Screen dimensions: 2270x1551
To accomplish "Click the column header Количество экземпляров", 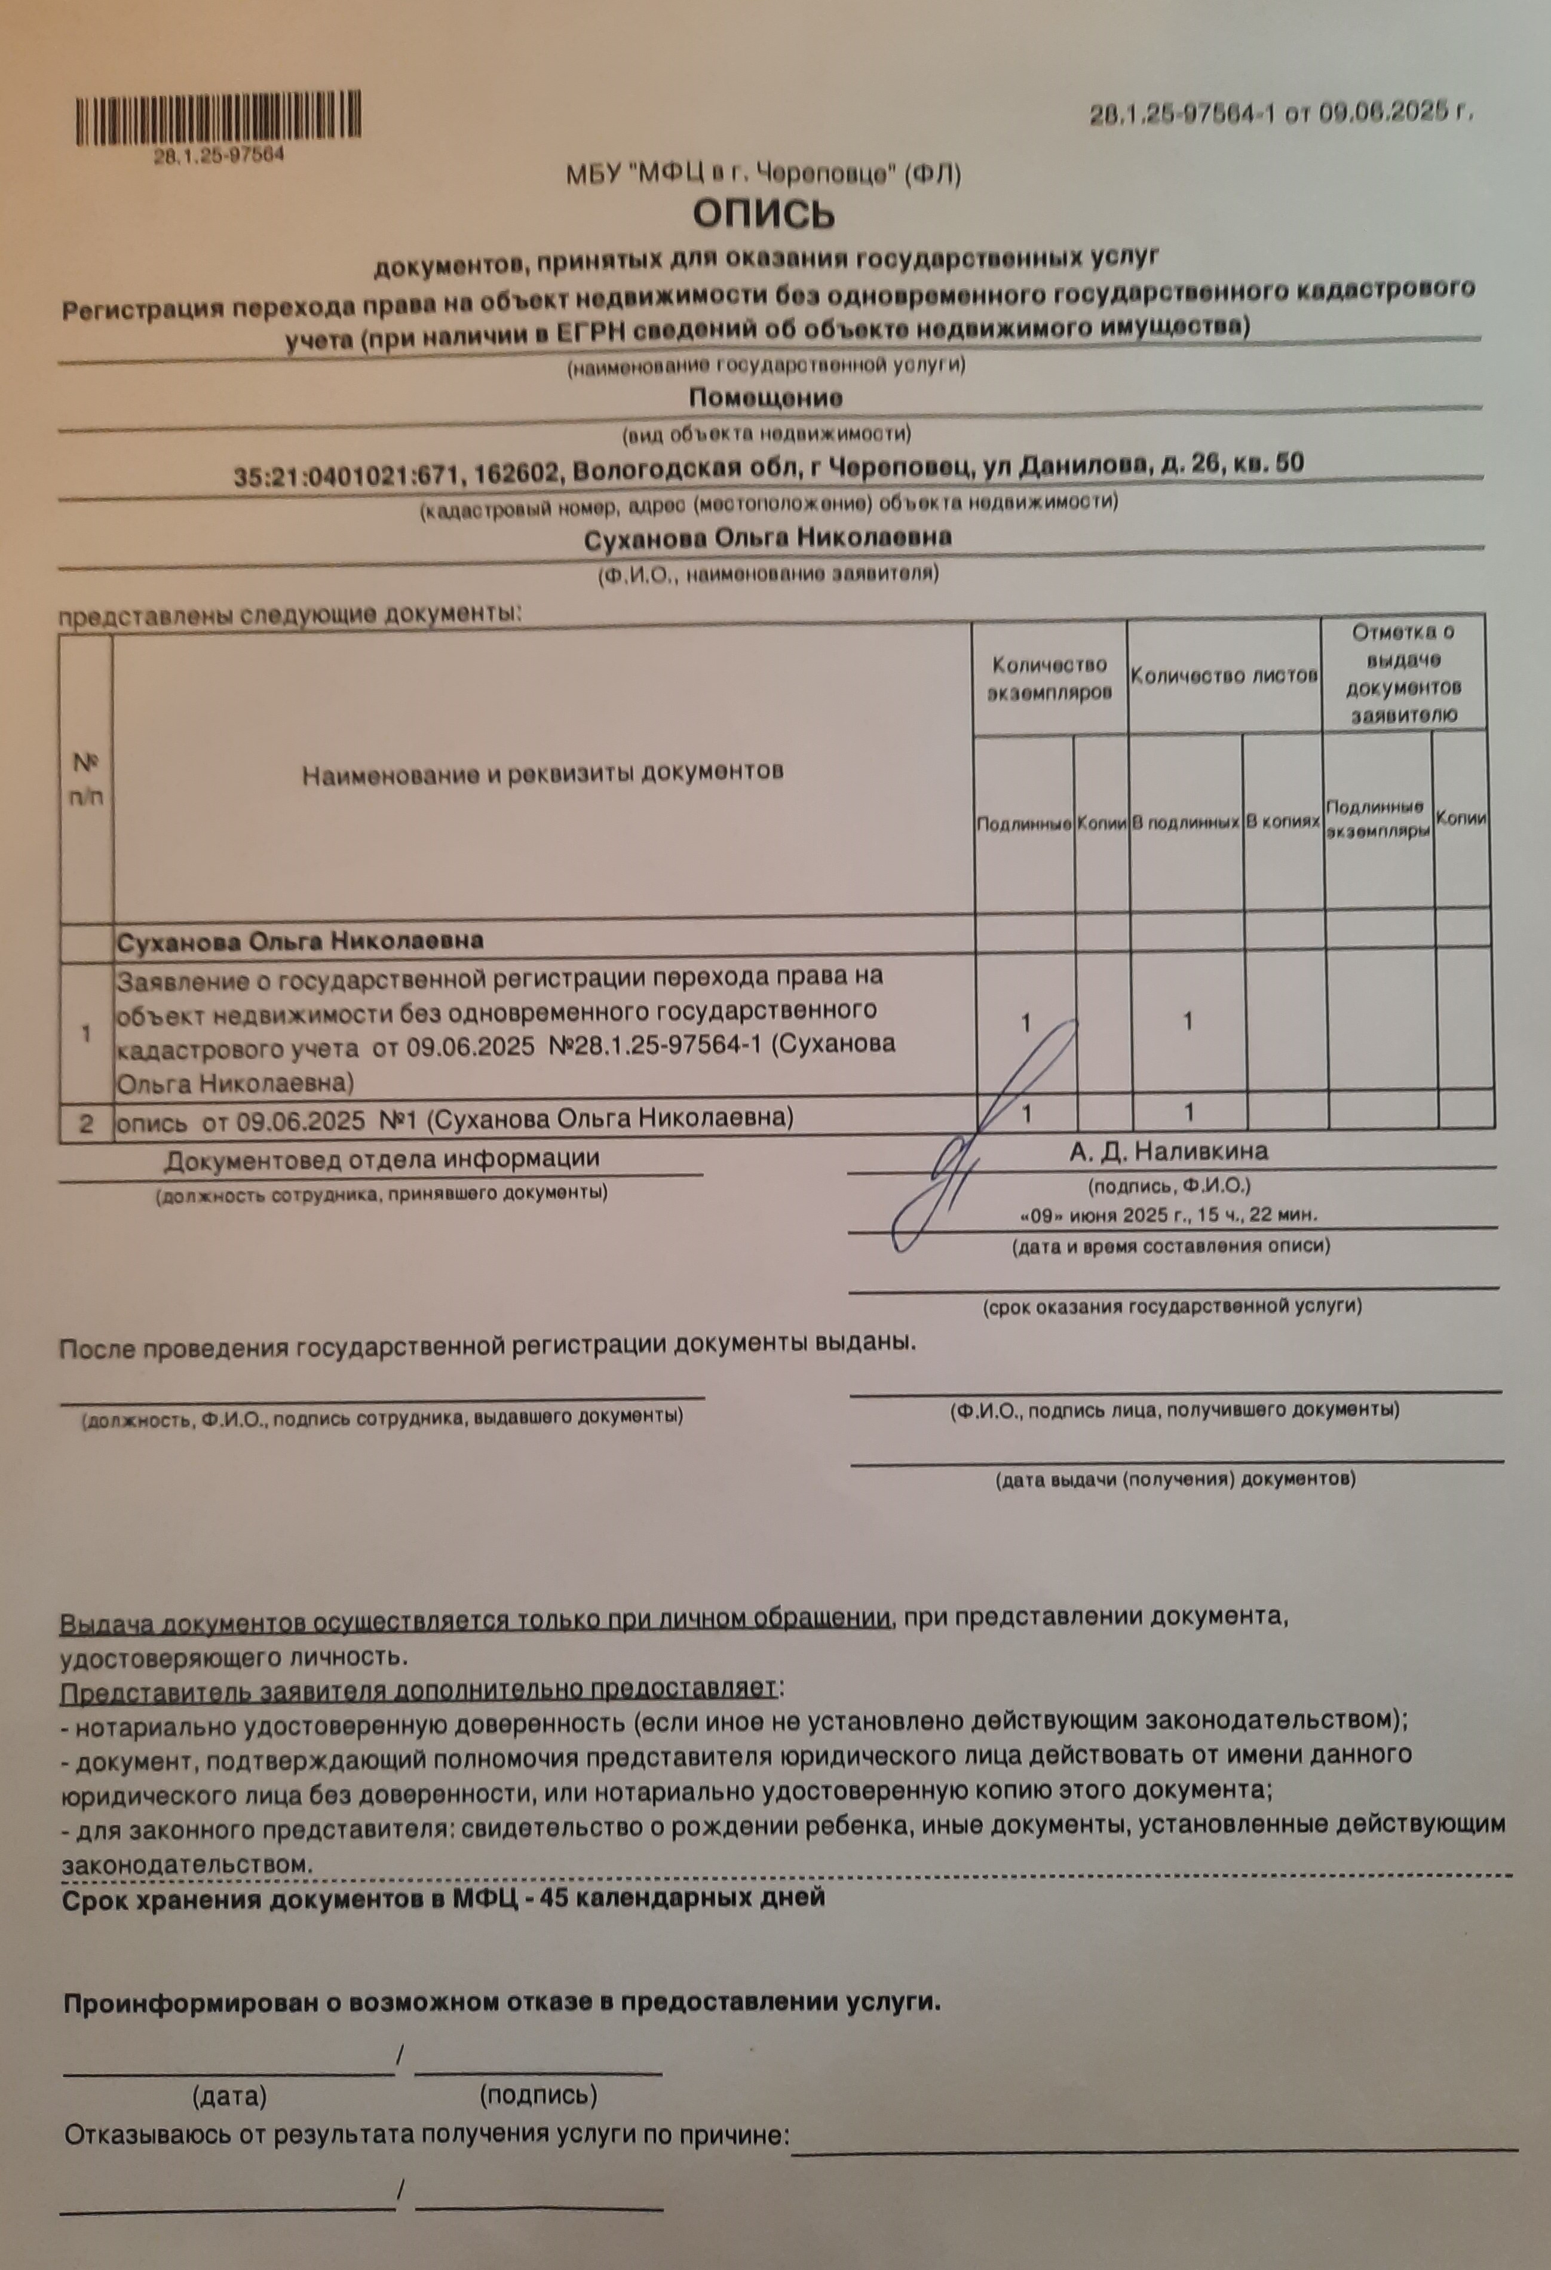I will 1049,679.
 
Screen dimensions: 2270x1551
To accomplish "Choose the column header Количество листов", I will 1223,675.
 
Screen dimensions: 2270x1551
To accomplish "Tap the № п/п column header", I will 86,778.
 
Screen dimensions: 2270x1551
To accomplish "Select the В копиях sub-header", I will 1282,821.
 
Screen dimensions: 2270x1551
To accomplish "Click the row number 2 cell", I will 86,1122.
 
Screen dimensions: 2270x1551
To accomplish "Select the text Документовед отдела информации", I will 381,1161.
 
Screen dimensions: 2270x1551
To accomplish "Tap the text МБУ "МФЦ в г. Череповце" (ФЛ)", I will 764,175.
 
